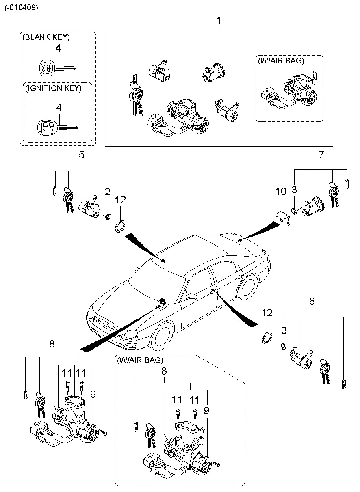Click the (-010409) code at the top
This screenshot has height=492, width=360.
tap(22, 8)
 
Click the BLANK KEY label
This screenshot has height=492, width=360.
tap(46, 37)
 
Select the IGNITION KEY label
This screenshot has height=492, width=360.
tap(53, 88)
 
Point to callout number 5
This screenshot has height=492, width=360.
tap(81, 154)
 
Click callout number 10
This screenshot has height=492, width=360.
tap(281, 191)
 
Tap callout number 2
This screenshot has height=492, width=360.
tap(107, 192)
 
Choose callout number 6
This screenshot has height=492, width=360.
tap(312, 301)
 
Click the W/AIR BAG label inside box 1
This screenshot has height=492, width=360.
tap(280, 60)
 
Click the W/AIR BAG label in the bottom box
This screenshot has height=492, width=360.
tap(140, 360)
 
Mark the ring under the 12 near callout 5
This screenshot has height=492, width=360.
tap(120, 226)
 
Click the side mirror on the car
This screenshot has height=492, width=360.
tap(190, 297)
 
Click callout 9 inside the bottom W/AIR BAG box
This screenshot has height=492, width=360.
tap(206, 410)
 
